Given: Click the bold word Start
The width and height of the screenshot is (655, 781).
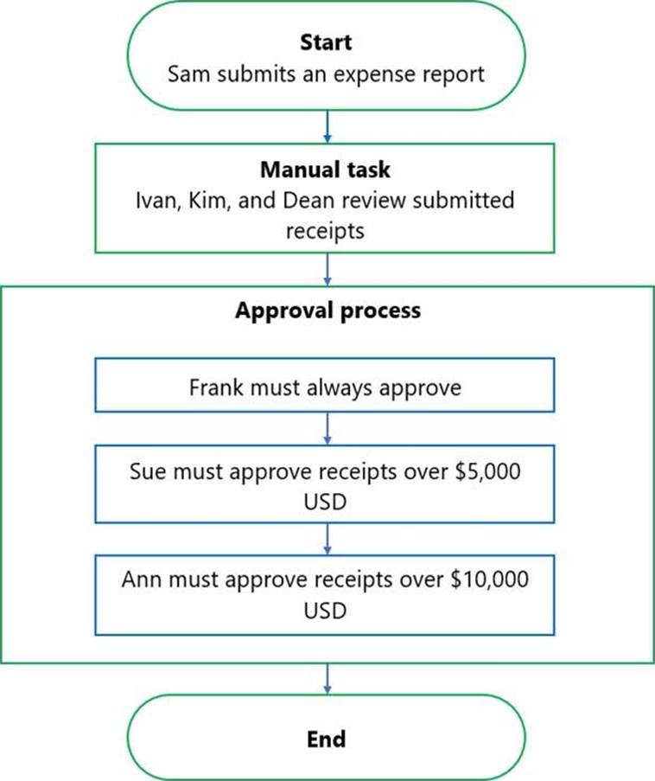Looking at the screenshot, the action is pos(326,42).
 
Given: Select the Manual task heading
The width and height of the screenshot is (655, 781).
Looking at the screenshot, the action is pos(325,170).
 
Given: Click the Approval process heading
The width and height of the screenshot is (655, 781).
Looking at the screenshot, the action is pos(328,310).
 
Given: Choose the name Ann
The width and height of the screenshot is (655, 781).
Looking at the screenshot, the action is pos(142,579).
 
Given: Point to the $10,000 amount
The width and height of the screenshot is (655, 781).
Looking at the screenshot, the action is pos(489,579).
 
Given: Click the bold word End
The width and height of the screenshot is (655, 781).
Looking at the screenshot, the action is pos(327,739).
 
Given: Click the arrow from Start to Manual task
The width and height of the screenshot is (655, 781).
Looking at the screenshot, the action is pos(327,127).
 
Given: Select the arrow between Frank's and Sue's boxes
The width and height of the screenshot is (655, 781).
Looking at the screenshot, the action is pos(327,428).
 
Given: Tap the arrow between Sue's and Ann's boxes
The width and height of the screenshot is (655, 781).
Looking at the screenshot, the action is pos(327,539).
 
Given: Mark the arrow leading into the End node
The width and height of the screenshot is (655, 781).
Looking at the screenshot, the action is pos(327,679).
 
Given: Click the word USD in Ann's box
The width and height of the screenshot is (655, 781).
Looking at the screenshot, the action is pos(325,611).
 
